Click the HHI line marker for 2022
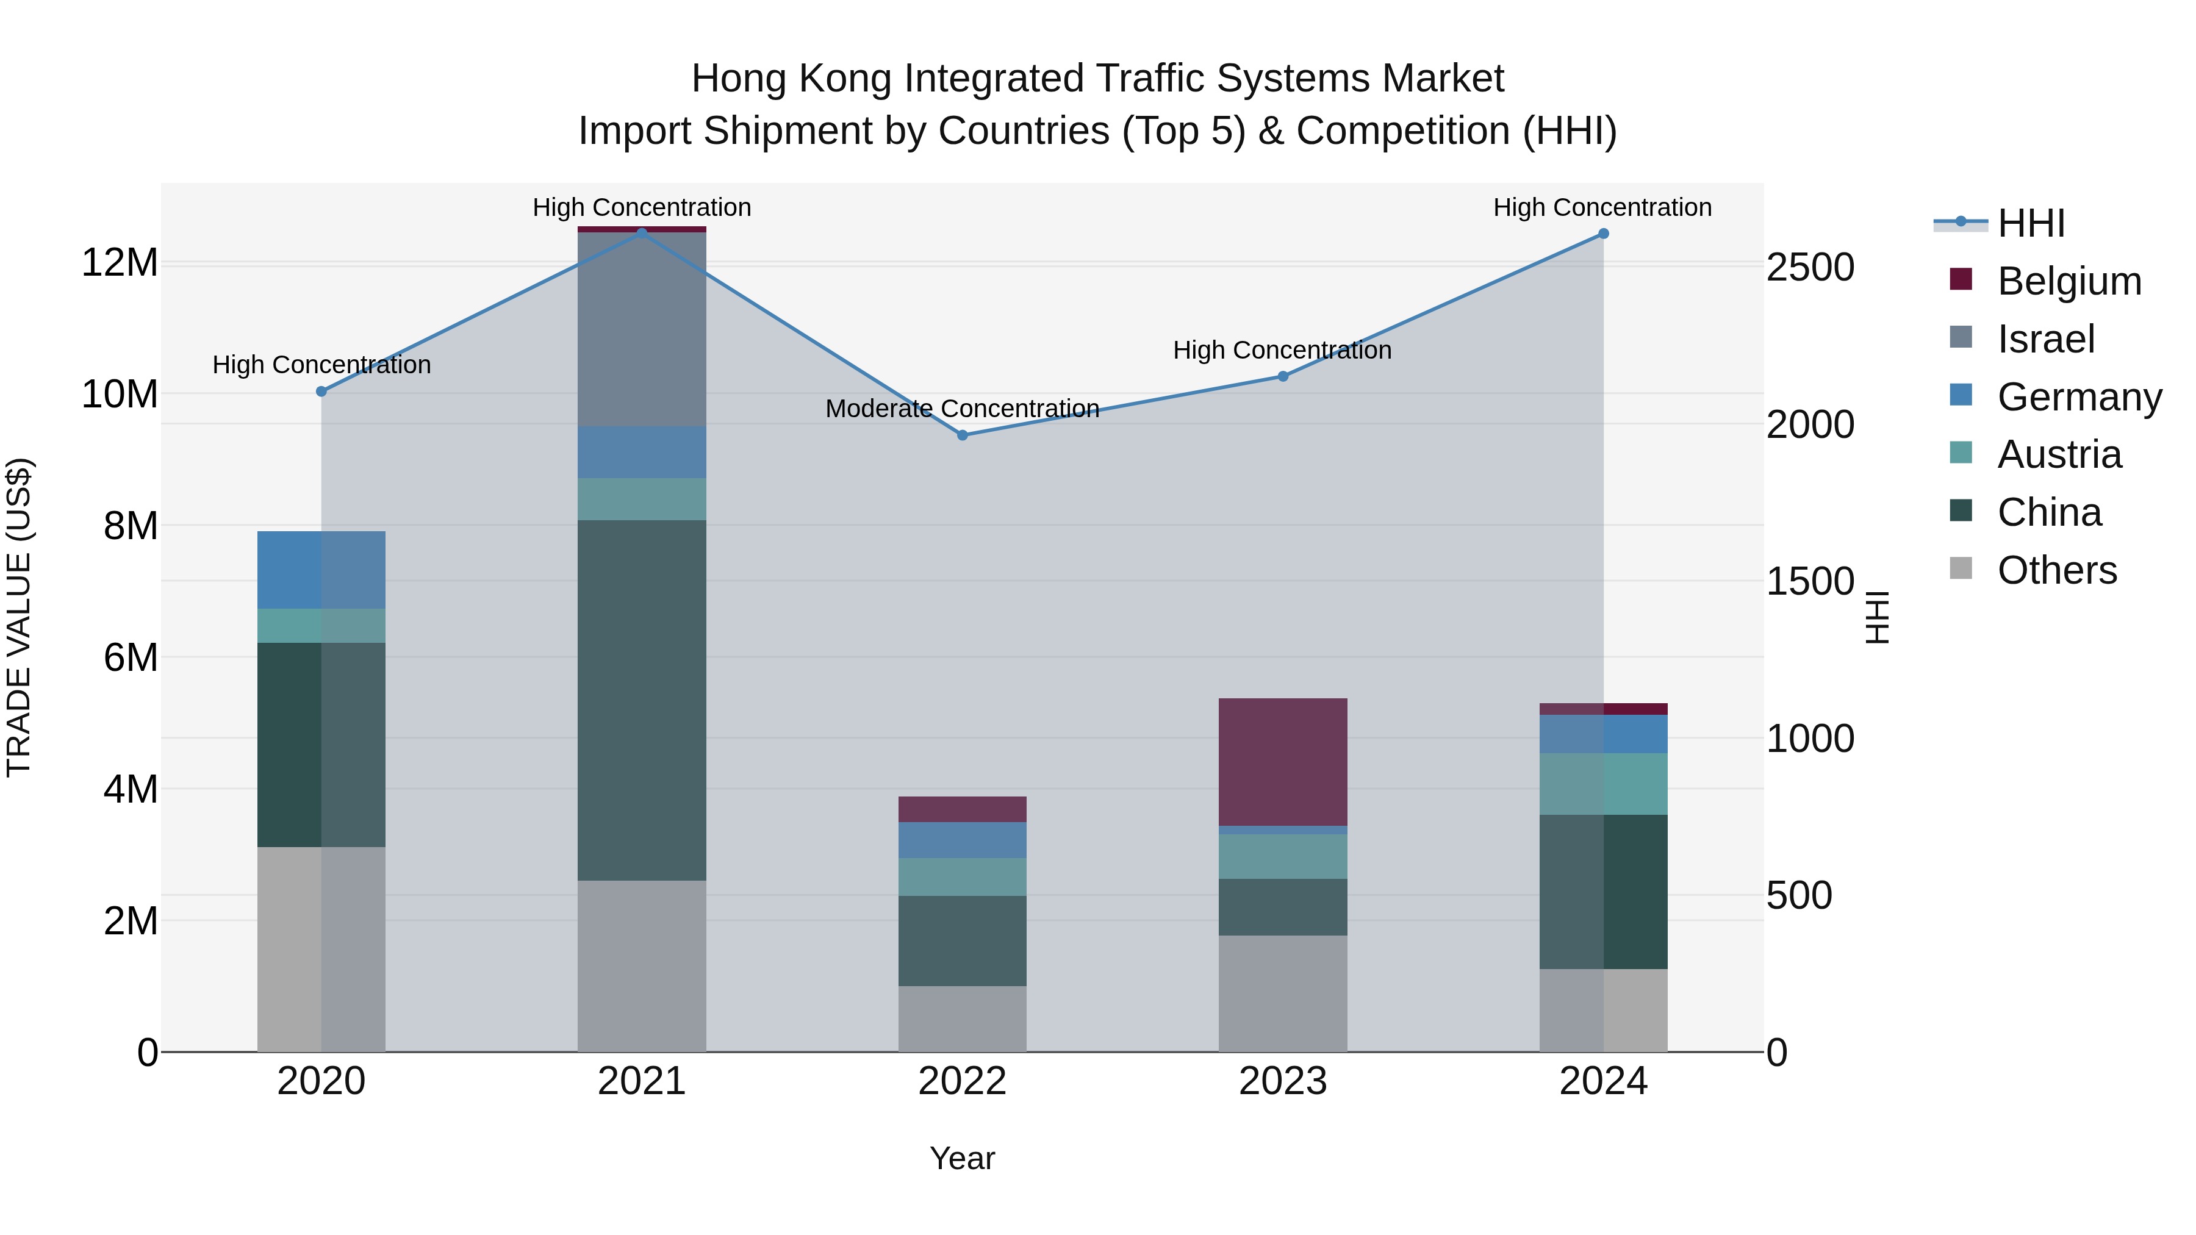click(963, 435)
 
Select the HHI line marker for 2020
click(321, 391)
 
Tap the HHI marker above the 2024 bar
click(1604, 234)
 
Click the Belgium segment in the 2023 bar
click(1282, 761)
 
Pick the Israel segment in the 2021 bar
click(642, 329)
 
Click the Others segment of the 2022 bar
click(963, 1018)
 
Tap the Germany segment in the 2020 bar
click(321, 570)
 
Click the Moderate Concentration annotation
click(963, 409)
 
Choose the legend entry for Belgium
click(2069, 281)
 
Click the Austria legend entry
click(2059, 454)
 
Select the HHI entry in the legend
click(2031, 223)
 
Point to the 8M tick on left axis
click(131, 526)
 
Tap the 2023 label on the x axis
click(1282, 1081)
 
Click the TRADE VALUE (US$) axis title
click(19, 617)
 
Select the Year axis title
click(963, 1158)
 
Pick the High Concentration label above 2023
click(1282, 350)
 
